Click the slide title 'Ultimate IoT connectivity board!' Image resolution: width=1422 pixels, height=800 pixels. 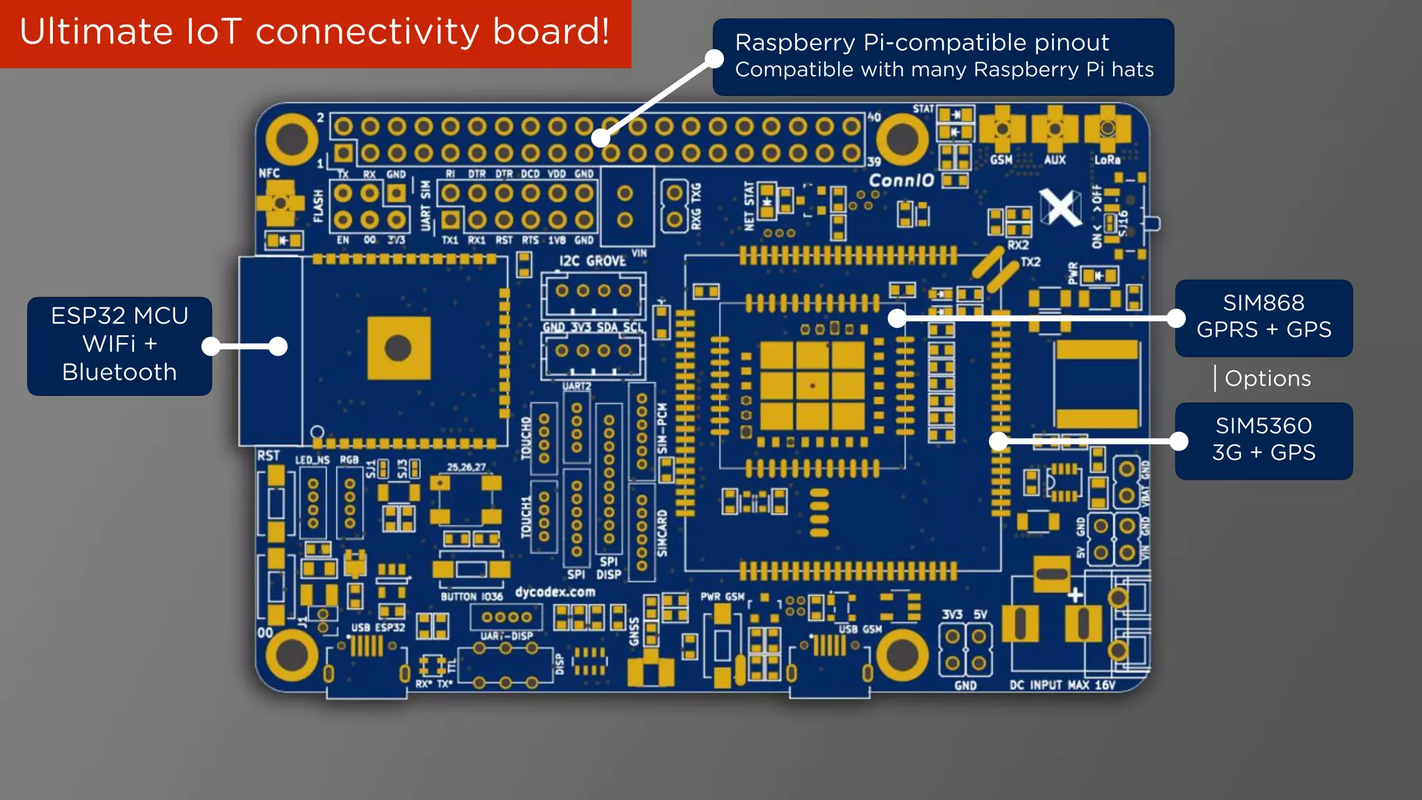[x=314, y=32]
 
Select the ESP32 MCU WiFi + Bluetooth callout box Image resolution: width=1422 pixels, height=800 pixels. [x=119, y=345]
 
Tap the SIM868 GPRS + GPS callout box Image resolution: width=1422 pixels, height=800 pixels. [x=1263, y=317]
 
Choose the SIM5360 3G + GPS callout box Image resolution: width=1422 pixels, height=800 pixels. [x=1263, y=440]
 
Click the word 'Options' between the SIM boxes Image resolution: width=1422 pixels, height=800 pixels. [x=1267, y=378]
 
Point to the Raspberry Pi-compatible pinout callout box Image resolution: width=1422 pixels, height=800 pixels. [x=943, y=56]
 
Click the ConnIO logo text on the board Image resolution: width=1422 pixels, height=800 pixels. [x=901, y=181]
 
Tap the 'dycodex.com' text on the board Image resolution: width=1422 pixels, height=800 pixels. [x=555, y=592]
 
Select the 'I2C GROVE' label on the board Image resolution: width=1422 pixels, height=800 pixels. [x=592, y=261]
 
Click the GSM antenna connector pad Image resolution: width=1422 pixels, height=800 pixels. [x=1001, y=129]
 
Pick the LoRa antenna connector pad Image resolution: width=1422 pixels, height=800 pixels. [x=1107, y=129]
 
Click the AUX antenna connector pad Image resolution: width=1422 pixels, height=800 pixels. [x=1054, y=129]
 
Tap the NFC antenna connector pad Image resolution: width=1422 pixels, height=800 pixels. [x=281, y=203]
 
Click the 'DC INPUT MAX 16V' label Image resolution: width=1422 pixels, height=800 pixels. [x=1062, y=685]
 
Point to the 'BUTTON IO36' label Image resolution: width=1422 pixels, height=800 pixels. [x=471, y=597]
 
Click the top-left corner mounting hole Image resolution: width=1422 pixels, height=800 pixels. [x=292, y=138]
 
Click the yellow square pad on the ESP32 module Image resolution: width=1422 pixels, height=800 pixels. [x=399, y=348]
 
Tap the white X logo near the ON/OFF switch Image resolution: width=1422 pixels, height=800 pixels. [x=1060, y=206]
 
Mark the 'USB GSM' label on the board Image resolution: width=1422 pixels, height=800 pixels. [x=860, y=629]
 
